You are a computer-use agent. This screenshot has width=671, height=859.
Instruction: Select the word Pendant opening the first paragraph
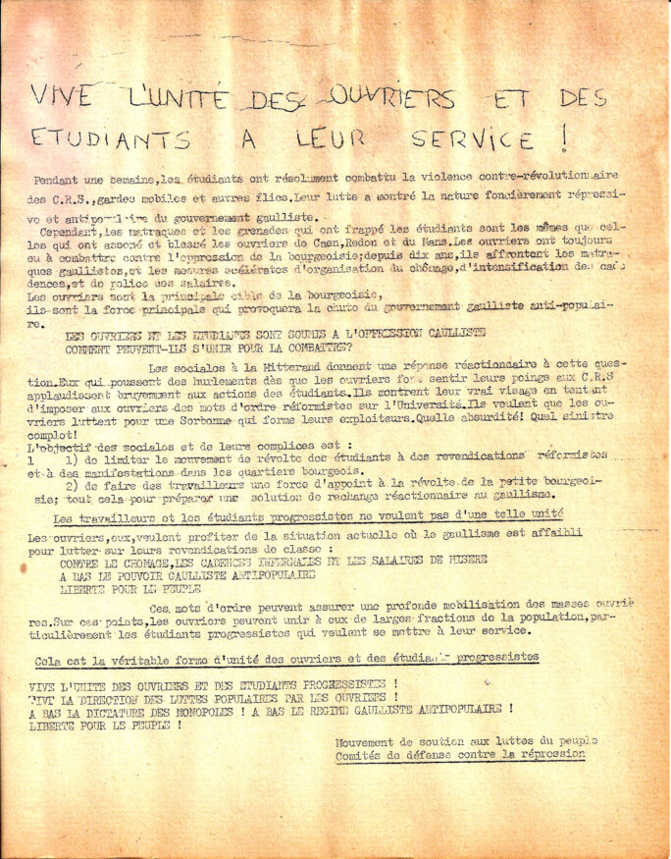[57, 181]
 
